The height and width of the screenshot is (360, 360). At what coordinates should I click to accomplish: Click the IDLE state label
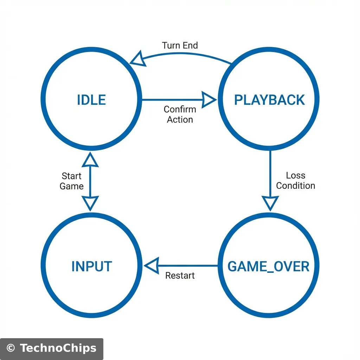91,100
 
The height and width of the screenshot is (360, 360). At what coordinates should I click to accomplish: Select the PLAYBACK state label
270,100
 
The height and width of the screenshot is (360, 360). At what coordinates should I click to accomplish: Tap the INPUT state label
91,266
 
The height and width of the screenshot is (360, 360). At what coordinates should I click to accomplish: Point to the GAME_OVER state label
269,266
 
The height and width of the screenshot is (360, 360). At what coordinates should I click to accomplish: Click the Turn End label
180,45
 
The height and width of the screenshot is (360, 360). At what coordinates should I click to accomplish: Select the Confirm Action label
180,114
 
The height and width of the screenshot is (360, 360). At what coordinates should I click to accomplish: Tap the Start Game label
72,181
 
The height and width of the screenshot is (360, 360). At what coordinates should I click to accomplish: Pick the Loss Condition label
295,180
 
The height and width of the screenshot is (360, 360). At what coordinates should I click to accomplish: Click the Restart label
180,276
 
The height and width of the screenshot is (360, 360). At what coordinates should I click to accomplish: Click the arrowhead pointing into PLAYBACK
209,100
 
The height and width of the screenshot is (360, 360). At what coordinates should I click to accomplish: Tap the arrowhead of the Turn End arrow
137,59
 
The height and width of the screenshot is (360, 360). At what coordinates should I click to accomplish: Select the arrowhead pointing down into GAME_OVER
270,203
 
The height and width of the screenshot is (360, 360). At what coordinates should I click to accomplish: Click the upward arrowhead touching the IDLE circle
91,160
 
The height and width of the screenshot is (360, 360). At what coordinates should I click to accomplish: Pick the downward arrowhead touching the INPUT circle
91,203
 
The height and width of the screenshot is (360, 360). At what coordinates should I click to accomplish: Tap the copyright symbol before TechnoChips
11,348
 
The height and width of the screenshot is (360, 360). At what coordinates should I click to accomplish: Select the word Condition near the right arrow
295,186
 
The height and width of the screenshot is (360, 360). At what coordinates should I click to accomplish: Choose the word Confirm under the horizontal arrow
180,109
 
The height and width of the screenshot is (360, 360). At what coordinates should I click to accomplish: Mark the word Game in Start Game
72,186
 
